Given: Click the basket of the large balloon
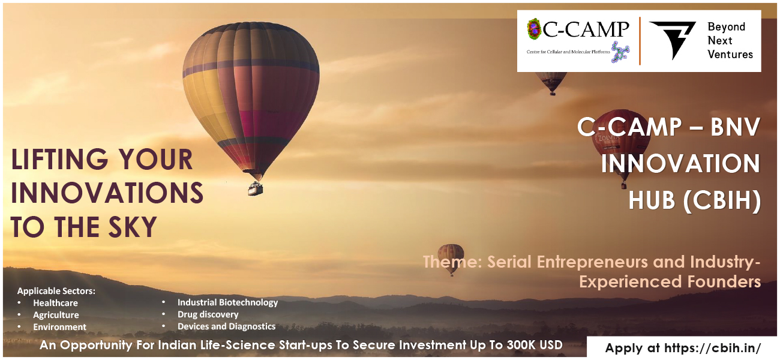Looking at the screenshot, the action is click(x=256, y=189).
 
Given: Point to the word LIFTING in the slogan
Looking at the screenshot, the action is click(x=59, y=160).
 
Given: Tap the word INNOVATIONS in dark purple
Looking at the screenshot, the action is click(x=107, y=193).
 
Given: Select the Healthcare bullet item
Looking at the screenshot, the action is click(x=55, y=303).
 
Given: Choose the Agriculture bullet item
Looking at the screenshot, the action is click(x=56, y=315).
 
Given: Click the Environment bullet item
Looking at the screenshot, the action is click(x=59, y=327).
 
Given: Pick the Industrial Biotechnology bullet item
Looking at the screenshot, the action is click(x=228, y=302).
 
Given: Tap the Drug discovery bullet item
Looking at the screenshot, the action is click(x=208, y=314).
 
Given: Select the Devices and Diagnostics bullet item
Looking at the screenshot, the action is click(x=226, y=326).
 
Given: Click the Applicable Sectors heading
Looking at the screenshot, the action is click(x=56, y=291).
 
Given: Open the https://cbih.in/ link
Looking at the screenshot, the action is click(x=712, y=348).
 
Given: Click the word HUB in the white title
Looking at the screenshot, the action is click(x=652, y=200).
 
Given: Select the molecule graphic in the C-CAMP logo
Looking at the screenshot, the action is click(x=620, y=52).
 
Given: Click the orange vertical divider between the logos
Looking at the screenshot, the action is click(x=640, y=41).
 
